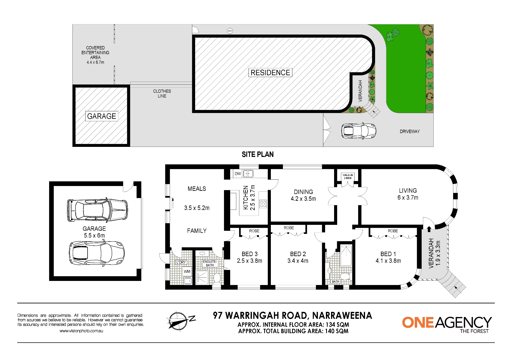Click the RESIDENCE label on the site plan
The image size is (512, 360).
270,73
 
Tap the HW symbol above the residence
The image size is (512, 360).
230,31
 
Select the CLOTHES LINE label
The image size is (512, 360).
162,93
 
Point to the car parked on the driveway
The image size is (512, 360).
359,131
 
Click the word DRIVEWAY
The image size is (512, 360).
410,132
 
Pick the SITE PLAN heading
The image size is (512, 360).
258,154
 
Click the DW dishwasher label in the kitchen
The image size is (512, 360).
238,173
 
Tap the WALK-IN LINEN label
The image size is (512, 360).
348,177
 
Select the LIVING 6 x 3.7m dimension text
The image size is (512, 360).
408,198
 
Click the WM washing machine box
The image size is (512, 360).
187,271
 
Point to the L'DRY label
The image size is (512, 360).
181,262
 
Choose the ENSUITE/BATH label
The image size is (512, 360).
210,263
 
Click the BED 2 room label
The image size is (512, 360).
298,254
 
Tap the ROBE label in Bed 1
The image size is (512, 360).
393,231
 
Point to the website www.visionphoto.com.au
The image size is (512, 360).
81,331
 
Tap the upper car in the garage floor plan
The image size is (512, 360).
97,210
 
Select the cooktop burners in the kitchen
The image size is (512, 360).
263,204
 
